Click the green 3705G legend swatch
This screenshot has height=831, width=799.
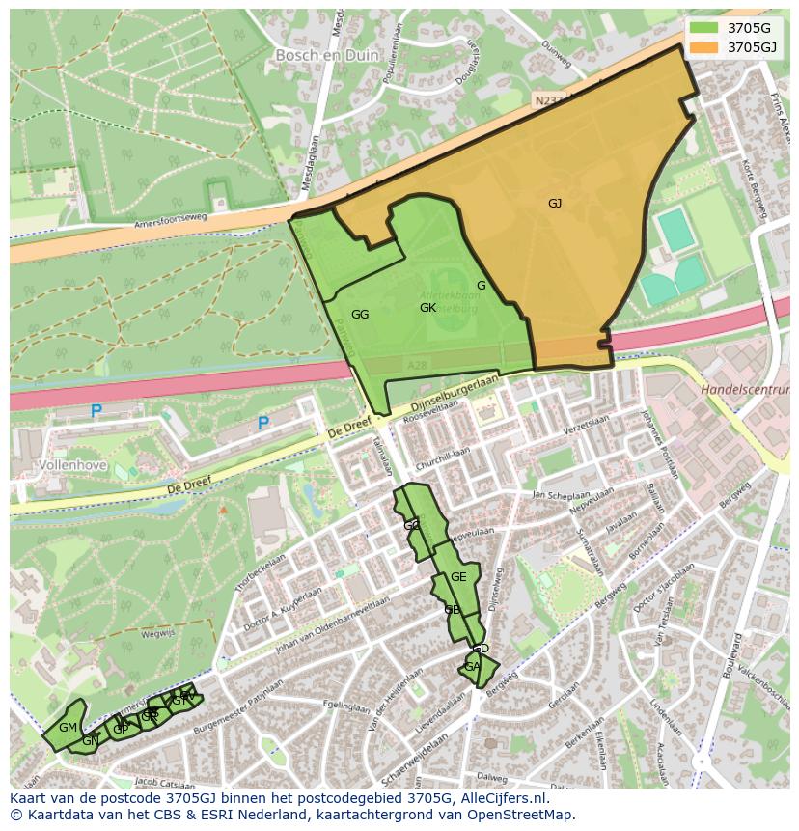coord(704,27)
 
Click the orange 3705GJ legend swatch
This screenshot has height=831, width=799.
coord(704,46)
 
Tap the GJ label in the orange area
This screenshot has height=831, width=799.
coord(555,204)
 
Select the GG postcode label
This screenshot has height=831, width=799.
coord(360,315)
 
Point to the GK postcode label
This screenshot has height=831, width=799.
coord(428,308)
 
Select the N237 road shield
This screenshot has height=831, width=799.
coord(547,99)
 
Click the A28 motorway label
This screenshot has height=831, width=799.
coord(417,365)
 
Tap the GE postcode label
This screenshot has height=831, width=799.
coord(458,577)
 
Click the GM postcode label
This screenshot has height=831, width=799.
coord(68,728)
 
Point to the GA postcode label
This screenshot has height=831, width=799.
coord(472,667)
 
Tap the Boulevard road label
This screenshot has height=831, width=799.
coord(737,659)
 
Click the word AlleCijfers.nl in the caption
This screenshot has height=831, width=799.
coord(501,798)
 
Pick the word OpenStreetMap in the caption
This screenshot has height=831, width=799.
coord(525,815)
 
